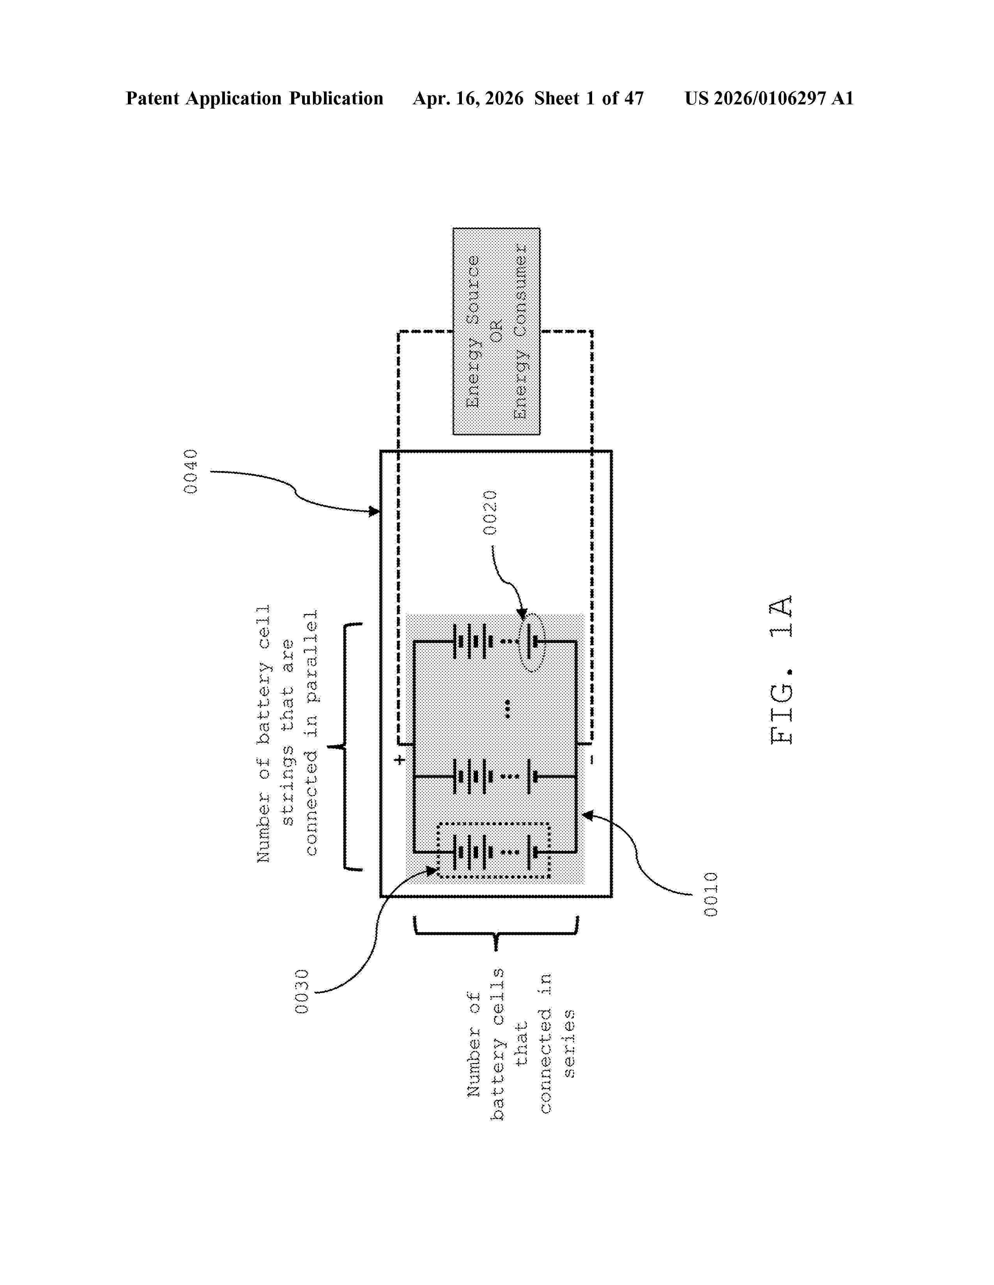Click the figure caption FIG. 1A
(782, 670)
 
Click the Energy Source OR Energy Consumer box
(496, 331)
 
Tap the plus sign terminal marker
(400, 760)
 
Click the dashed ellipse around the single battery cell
(532, 642)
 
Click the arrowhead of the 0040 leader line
(375, 512)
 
